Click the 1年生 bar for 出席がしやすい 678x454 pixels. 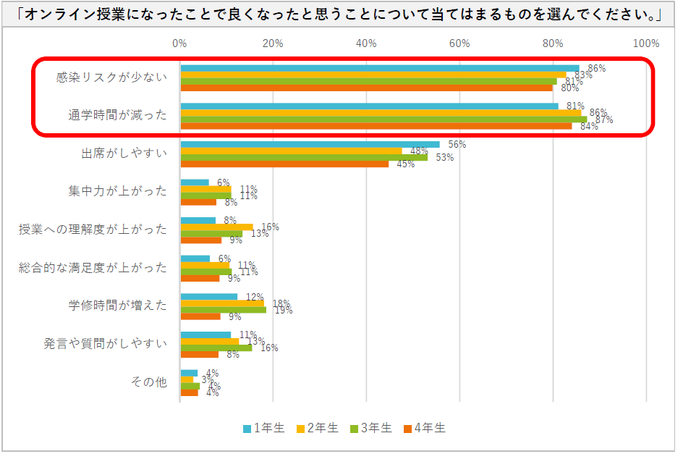coord(310,144)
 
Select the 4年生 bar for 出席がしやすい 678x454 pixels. coord(284,164)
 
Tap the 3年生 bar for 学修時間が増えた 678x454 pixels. coord(223,309)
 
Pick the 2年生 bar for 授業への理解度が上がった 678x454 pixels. coord(216,227)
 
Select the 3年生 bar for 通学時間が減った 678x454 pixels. coord(384,119)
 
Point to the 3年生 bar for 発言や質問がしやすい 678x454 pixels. coord(216,348)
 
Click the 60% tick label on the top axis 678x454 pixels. coord(459,43)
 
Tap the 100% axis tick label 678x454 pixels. coord(645,43)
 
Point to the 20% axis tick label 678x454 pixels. coord(273,43)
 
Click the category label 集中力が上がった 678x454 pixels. coord(118,191)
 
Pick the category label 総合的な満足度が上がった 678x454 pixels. coord(93,267)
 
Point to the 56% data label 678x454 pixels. coord(457,144)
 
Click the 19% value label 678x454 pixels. coord(283,310)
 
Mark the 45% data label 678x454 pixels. coord(405,164)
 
